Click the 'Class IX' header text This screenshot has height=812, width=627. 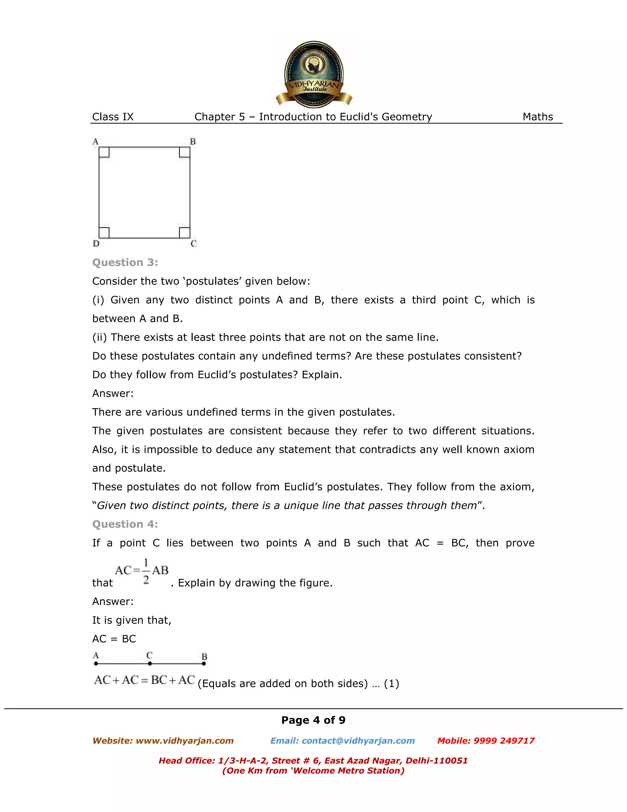[113, 117]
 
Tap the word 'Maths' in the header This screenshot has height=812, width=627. [538, 117]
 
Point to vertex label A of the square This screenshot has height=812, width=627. [96, 142]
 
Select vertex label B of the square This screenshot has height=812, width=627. [193, 142]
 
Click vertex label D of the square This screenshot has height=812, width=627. [96, 244]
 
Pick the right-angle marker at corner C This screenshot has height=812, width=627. [185, 233]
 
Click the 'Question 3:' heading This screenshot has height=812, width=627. [125, 263]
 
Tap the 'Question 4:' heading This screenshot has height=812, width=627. [125, 524]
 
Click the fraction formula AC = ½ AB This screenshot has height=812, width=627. [141, 571]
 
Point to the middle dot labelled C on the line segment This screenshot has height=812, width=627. [150, 663]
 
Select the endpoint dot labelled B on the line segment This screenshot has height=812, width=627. [204, 663]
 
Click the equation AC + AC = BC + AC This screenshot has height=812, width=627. [145, 680]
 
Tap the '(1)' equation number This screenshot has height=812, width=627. [391, 683]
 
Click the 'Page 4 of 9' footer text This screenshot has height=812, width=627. [313, 720]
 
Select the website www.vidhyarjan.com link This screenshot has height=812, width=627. [184, 741]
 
